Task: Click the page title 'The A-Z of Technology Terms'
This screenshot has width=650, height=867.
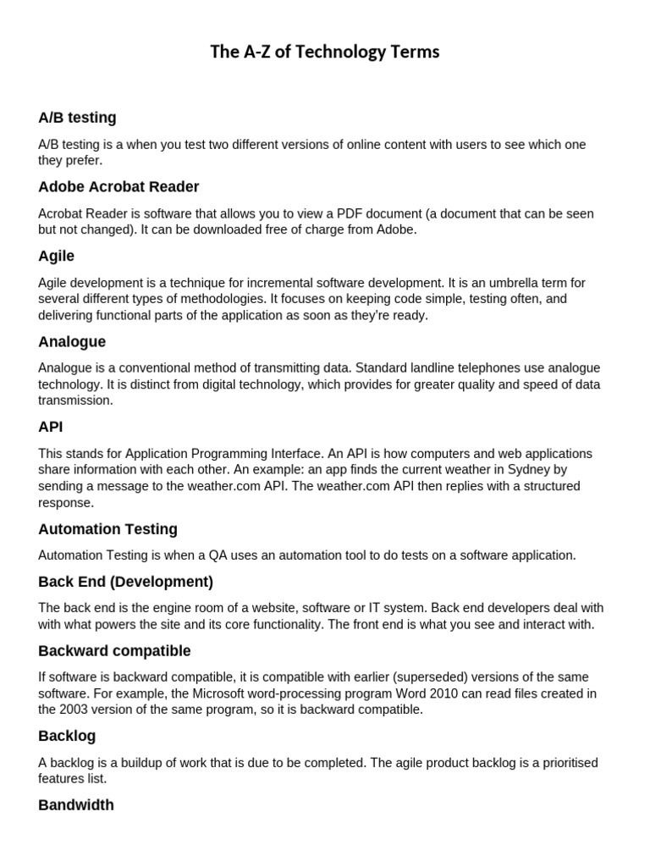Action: click(x=325, y=52)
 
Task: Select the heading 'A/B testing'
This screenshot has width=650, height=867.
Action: click(x=77, y=118)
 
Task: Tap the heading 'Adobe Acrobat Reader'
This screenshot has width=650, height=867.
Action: click(x=118, y=186)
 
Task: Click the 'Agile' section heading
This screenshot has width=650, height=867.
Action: click(x=56, y=256)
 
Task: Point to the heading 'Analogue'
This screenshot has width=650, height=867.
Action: click(x=72, y=342)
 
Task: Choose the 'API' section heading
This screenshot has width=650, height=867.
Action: click(x=51, y=427)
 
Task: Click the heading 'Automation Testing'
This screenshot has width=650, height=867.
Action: click(x=107, y=529)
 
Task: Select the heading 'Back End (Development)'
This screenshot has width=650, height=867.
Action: click(x=125, y=582)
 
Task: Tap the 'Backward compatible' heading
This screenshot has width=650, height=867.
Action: click(x=114, y=651)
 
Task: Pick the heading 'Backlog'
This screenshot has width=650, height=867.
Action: click(x=67, y=736)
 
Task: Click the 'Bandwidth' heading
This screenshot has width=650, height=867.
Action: click(x=76, y=805)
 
